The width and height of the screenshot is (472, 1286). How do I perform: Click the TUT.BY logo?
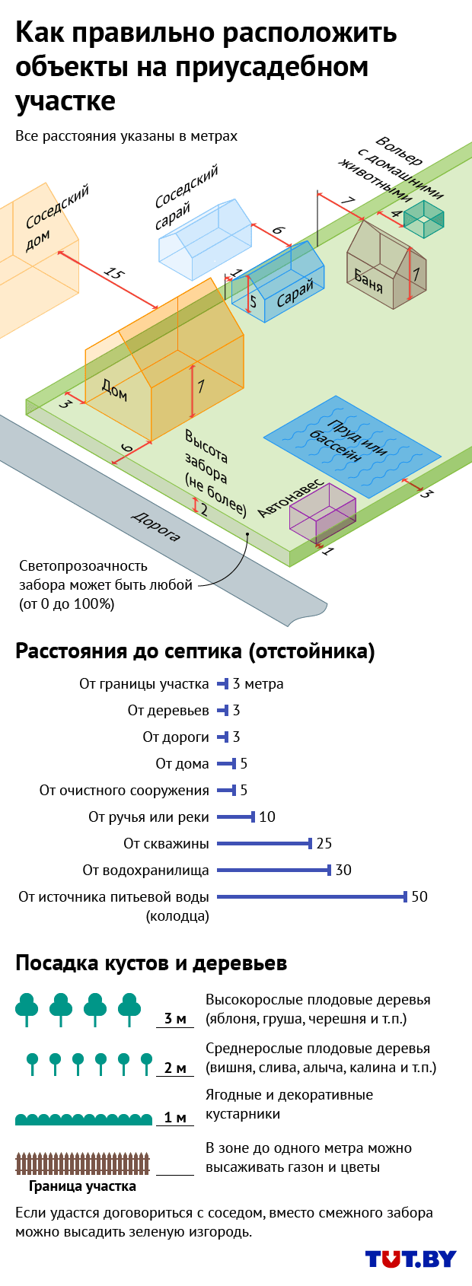pos(410,1259)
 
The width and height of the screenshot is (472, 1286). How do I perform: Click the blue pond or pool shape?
pos(352,447)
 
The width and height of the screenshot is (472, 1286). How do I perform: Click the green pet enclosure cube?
pos(423,219)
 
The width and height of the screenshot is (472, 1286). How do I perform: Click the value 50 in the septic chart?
pos(419,896)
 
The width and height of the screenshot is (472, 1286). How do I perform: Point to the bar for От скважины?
pos(264,843)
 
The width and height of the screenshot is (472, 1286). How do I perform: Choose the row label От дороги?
pos(176,737)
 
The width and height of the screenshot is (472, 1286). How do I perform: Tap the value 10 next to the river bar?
pos(267,816)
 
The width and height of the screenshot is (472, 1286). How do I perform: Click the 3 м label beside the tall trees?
pos(175,1019)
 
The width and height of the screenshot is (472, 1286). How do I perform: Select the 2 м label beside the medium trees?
pos(175,1068)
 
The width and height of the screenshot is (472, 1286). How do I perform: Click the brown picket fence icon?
pos(83,1163)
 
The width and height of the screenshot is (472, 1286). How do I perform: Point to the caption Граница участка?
pos(82,1186)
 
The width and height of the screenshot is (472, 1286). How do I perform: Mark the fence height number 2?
pos(204,510)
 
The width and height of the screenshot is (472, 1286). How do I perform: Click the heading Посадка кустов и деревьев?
pos(151,963)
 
